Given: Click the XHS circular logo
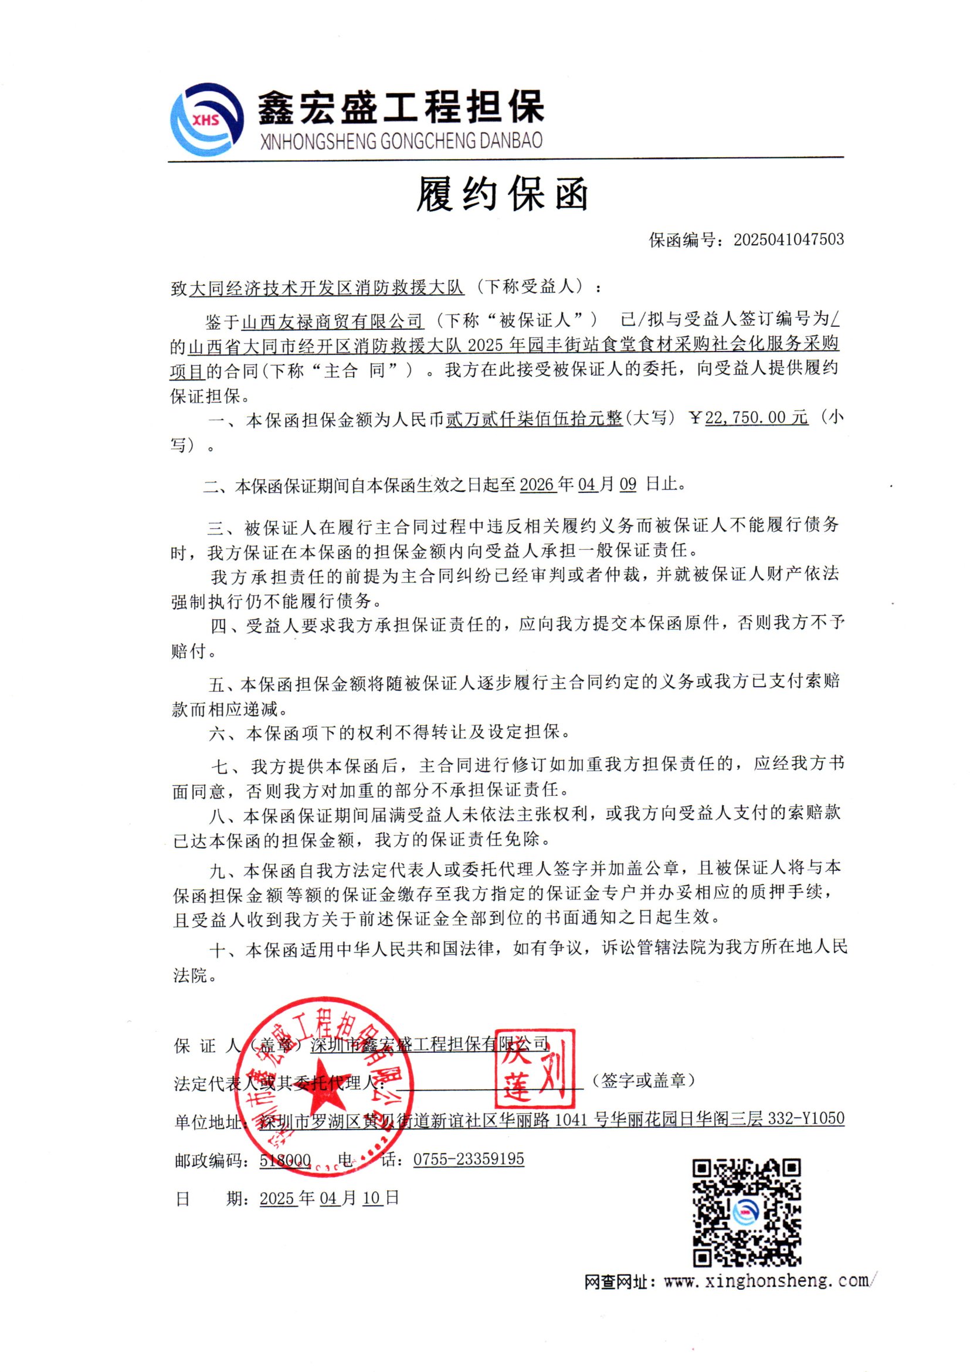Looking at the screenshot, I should point(206,120).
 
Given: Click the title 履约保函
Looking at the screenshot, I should point(502,194).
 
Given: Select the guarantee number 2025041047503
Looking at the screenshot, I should point(788,239).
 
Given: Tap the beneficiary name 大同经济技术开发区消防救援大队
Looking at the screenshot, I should point(327,288).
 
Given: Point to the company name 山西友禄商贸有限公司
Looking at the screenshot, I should point(332,322).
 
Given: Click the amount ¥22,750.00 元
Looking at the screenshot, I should point(756,417).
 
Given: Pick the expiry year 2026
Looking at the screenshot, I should point(538,484).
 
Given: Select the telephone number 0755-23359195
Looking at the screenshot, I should point(468,1159).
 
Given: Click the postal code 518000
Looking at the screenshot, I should point(285,1160).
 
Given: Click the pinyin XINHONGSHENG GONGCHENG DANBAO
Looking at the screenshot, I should point(401,141).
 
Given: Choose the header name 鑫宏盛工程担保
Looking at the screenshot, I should point(400,107).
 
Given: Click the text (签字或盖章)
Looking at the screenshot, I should point(643,1080).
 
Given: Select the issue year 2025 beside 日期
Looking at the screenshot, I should point(278,1199).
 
